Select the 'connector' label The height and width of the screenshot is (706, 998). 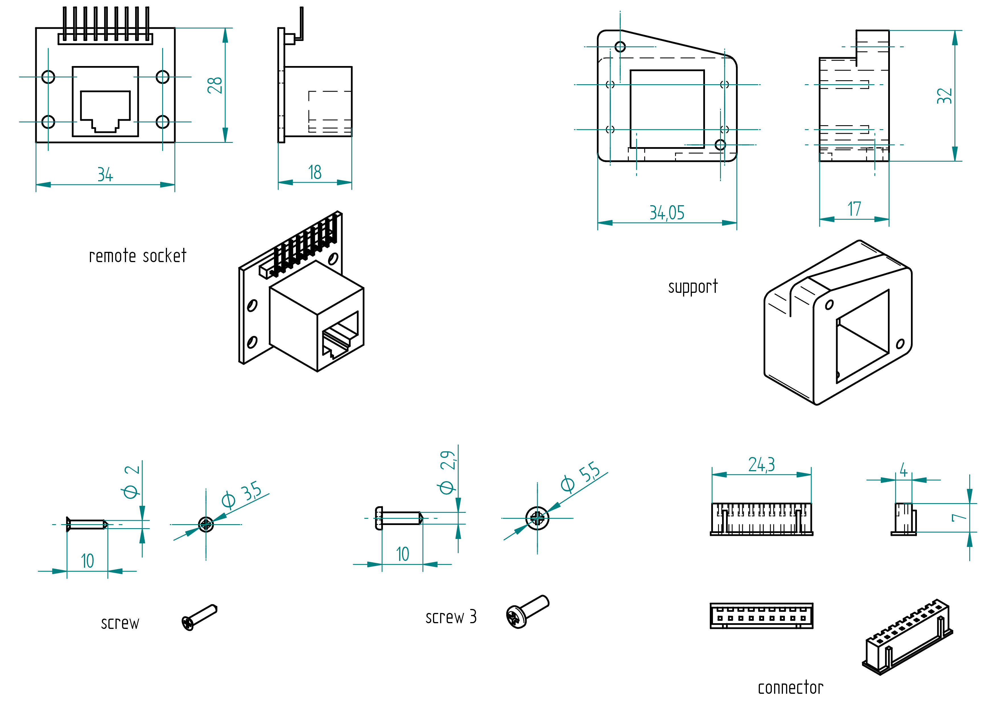tap(790, 688)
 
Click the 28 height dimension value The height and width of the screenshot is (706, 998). tap(215, 85)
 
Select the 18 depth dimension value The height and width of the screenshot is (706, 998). tap(315, 173)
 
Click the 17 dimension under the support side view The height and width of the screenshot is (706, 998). tap(854, 209)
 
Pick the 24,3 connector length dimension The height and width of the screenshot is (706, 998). tap(762, 465)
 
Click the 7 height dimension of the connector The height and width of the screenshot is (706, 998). tap(959, 517)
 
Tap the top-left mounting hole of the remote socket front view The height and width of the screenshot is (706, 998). tap(48, 77)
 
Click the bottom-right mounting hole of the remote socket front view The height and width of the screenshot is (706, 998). tap(162, 122)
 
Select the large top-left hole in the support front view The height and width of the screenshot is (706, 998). tap(620, 46)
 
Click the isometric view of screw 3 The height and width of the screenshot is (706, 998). tap(527, 612)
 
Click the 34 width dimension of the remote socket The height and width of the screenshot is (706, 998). tap(105, 175)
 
